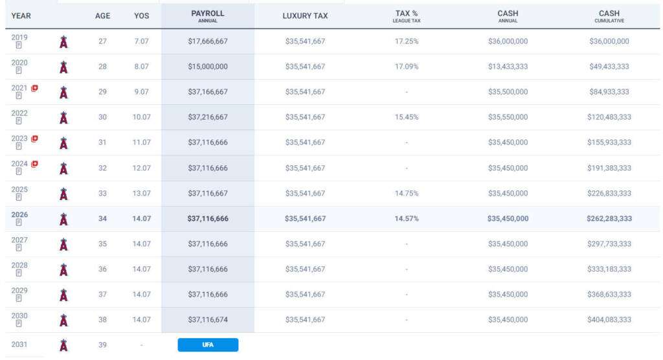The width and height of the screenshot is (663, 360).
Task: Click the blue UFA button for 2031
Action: (x=208, y=344)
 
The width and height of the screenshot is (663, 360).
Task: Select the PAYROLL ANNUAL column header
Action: (x=208, y=16)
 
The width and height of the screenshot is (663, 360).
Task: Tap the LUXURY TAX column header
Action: (x=305, y=16)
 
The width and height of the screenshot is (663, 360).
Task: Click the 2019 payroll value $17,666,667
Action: (x=208, y=41)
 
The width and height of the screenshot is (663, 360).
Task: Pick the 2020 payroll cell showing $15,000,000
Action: (x=208, y=66)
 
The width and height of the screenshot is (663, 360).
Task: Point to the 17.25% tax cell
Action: (x=407, y=41)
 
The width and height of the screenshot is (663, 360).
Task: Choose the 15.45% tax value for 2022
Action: (x=407, y=117)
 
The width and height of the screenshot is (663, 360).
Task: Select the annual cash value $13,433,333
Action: (x=508, y=66)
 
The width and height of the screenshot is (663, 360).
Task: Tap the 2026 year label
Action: (x=19, y=214)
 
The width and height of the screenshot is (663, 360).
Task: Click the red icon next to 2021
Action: (x=34, y=88)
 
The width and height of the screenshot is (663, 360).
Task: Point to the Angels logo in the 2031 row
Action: (x=63, y=345)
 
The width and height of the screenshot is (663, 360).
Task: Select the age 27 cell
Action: (x=102, y=41)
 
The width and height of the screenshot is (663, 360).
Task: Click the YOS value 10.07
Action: (x=141, y=117)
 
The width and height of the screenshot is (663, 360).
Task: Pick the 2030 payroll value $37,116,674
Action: (x=208, y=319)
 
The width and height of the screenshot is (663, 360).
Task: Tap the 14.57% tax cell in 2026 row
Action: (x=407, y=218)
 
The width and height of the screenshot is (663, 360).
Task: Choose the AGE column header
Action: (x=102, y=16)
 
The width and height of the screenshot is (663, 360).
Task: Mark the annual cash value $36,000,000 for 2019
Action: (x=508, y=41)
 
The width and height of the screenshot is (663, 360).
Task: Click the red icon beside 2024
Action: (x=34, y=164)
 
